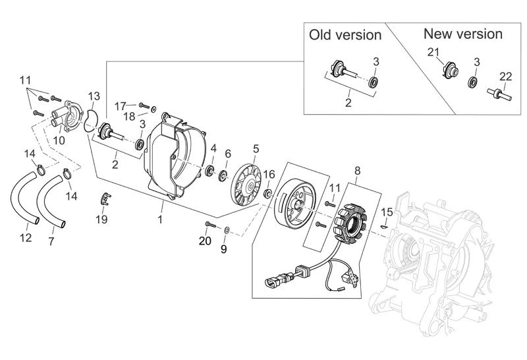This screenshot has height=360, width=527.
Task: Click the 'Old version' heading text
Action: pyautogui.click(x=345, y=35)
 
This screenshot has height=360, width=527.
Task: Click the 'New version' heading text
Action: pyautogui.click(x=462, y=34)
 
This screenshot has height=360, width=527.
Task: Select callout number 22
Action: pyautogui.click(x=505, y=76)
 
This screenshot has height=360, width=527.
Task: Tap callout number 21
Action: pyautogui.click(x=432, y=53)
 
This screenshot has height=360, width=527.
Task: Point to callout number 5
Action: pyautogui.click(x=256, y=148)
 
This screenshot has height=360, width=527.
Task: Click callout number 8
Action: pyautogui.click(x=358, y=170)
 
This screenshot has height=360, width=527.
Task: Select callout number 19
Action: pyautogui.click(x=101, y=220)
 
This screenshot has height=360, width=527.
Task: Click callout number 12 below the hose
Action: pyautogui.click(x=25, y=238)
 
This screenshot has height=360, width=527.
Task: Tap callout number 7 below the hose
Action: pyautogui.click(x=51, y=241)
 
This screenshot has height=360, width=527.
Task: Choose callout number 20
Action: pyautogui.click(x=205, y=241)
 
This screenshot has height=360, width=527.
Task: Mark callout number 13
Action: pyautogui.click(x=94, y=96)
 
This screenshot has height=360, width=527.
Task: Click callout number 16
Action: pyautogui.click(x=269, y=174)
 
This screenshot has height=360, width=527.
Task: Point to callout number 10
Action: pyautogui.click(x=59, y=139)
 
